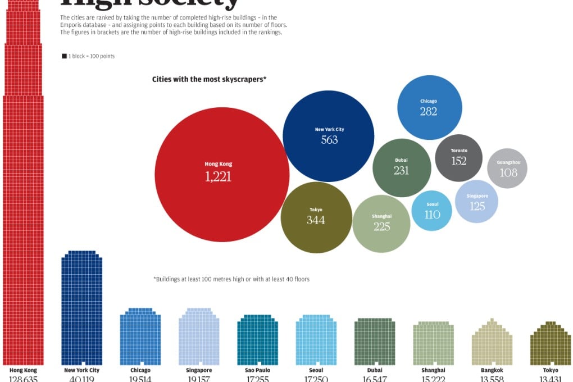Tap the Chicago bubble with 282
[x=429, y=107]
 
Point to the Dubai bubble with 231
[x=401, y=167]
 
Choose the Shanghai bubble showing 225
[x=381, y=224]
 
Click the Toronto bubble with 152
[x=458, y=157]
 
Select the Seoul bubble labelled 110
[x=431, y=211]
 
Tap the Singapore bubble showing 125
[x=476, y=202]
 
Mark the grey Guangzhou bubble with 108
[x=507, y=168]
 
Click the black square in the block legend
[x=64, y=56]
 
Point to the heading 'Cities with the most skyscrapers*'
[x=209, y=79]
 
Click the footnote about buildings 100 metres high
[x=231, y=279]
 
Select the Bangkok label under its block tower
[x=492, y=370]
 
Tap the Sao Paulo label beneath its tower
[x=257, y=370]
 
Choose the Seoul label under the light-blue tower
[x=316, y=370]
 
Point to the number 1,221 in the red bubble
[x=218, y=176]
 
